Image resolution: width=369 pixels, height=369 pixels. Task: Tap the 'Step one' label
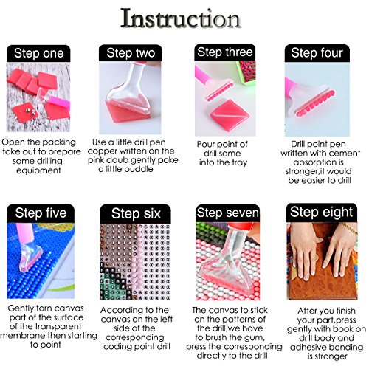[x=39, y=53]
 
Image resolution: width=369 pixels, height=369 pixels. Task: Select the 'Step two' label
[x=131, y=53]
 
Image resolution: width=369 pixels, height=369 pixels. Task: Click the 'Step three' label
[x=224, y=52]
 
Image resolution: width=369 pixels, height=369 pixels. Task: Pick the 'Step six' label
[x=131, y=213]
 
